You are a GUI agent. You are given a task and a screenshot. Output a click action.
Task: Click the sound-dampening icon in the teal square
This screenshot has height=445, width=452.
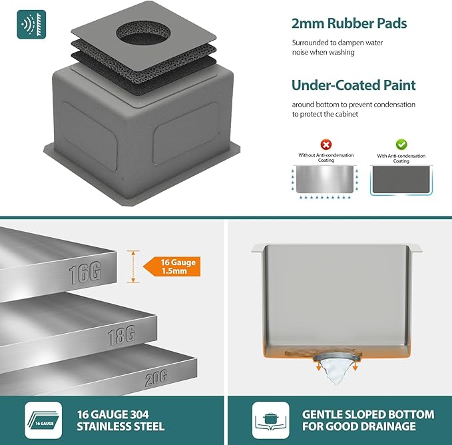pos(31,25)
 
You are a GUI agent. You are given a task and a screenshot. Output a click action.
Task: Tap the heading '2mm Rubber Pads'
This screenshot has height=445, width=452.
pos(349,23)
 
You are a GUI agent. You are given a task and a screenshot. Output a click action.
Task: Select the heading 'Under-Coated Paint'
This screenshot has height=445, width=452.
pos(353,85)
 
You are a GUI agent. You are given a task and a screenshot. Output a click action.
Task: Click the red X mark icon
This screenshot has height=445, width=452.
pos(326,144)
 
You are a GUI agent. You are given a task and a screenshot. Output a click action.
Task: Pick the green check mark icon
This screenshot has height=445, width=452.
pos(401,144)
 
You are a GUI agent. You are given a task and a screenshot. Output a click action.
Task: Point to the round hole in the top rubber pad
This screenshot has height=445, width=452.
pos(143,33)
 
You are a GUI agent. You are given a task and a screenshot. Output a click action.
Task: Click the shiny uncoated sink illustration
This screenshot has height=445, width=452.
pos(325,179)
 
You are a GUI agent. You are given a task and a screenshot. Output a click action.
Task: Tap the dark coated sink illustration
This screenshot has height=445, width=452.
pos(401,180)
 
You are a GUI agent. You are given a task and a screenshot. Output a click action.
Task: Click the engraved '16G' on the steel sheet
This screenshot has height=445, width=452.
pos(85,273)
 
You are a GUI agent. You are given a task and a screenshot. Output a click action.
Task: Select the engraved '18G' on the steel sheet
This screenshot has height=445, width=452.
pos(122,335)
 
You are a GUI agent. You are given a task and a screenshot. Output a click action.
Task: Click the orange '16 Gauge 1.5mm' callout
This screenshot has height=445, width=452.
pos(172,266)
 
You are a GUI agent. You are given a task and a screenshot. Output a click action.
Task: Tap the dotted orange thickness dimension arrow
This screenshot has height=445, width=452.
pos(133,266)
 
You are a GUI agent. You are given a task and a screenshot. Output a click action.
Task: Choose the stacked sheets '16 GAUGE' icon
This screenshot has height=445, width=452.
pos(43,420)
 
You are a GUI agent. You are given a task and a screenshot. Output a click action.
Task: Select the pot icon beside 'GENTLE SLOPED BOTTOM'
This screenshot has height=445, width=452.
pos(271,420)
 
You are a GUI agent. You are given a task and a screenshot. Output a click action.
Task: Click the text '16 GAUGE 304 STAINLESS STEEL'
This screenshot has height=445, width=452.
pos(120,420)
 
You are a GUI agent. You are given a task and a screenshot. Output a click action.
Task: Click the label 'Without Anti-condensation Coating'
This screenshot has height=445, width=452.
pos(326,157)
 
